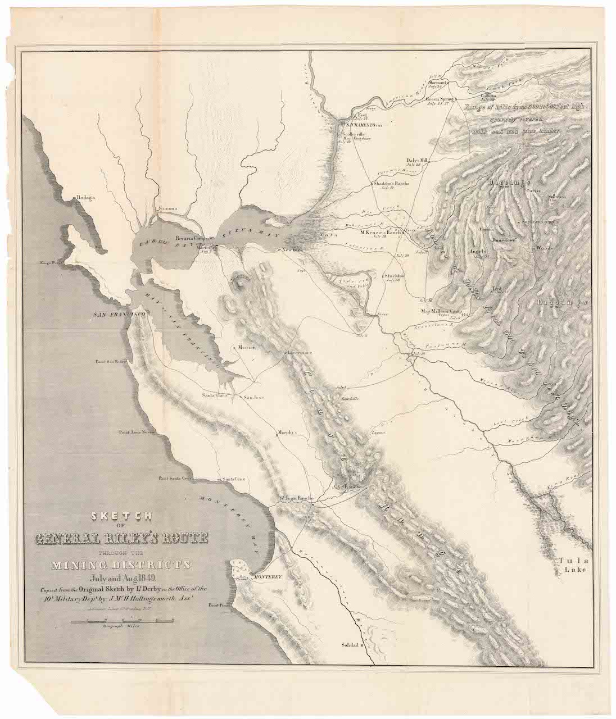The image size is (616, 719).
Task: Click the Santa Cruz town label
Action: (232, 479)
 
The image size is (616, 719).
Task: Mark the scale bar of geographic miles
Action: (123, 621)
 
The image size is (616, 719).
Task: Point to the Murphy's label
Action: (287, 433)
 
